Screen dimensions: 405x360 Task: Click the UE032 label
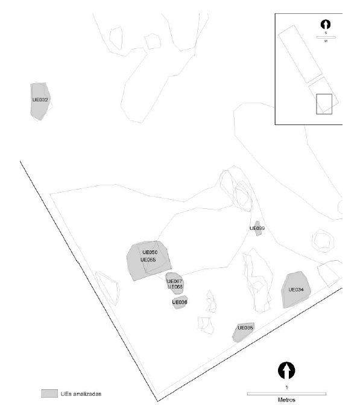(x=40, y=100)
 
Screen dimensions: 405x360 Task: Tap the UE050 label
(x=150, y=252)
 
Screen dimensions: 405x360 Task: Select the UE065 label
(x=148, y=260)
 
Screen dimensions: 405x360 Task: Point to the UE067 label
(x=175, y=281)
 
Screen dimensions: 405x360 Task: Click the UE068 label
(x=175, y=287)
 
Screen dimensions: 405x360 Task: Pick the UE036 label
(x=180, y=302)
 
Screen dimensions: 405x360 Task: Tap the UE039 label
(x=257, y=229)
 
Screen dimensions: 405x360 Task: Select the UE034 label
(x=295, y=290)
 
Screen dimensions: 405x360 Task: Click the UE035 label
(x=245, y=328)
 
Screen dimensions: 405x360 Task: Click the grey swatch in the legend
(x=49, y=394)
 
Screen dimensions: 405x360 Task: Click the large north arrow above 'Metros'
(x=287, y=369)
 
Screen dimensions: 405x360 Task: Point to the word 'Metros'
(x=287, y=399)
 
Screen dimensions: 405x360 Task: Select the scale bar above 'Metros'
(x=287, y=394)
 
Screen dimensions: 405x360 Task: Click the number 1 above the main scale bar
(x=287, y=386)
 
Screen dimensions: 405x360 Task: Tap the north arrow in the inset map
(x=326, y=25)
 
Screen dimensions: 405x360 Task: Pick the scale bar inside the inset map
(x=326, y=37)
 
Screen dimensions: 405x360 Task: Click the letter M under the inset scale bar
(x=326, y=42)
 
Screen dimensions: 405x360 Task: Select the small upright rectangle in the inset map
(x=324, y=103)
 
